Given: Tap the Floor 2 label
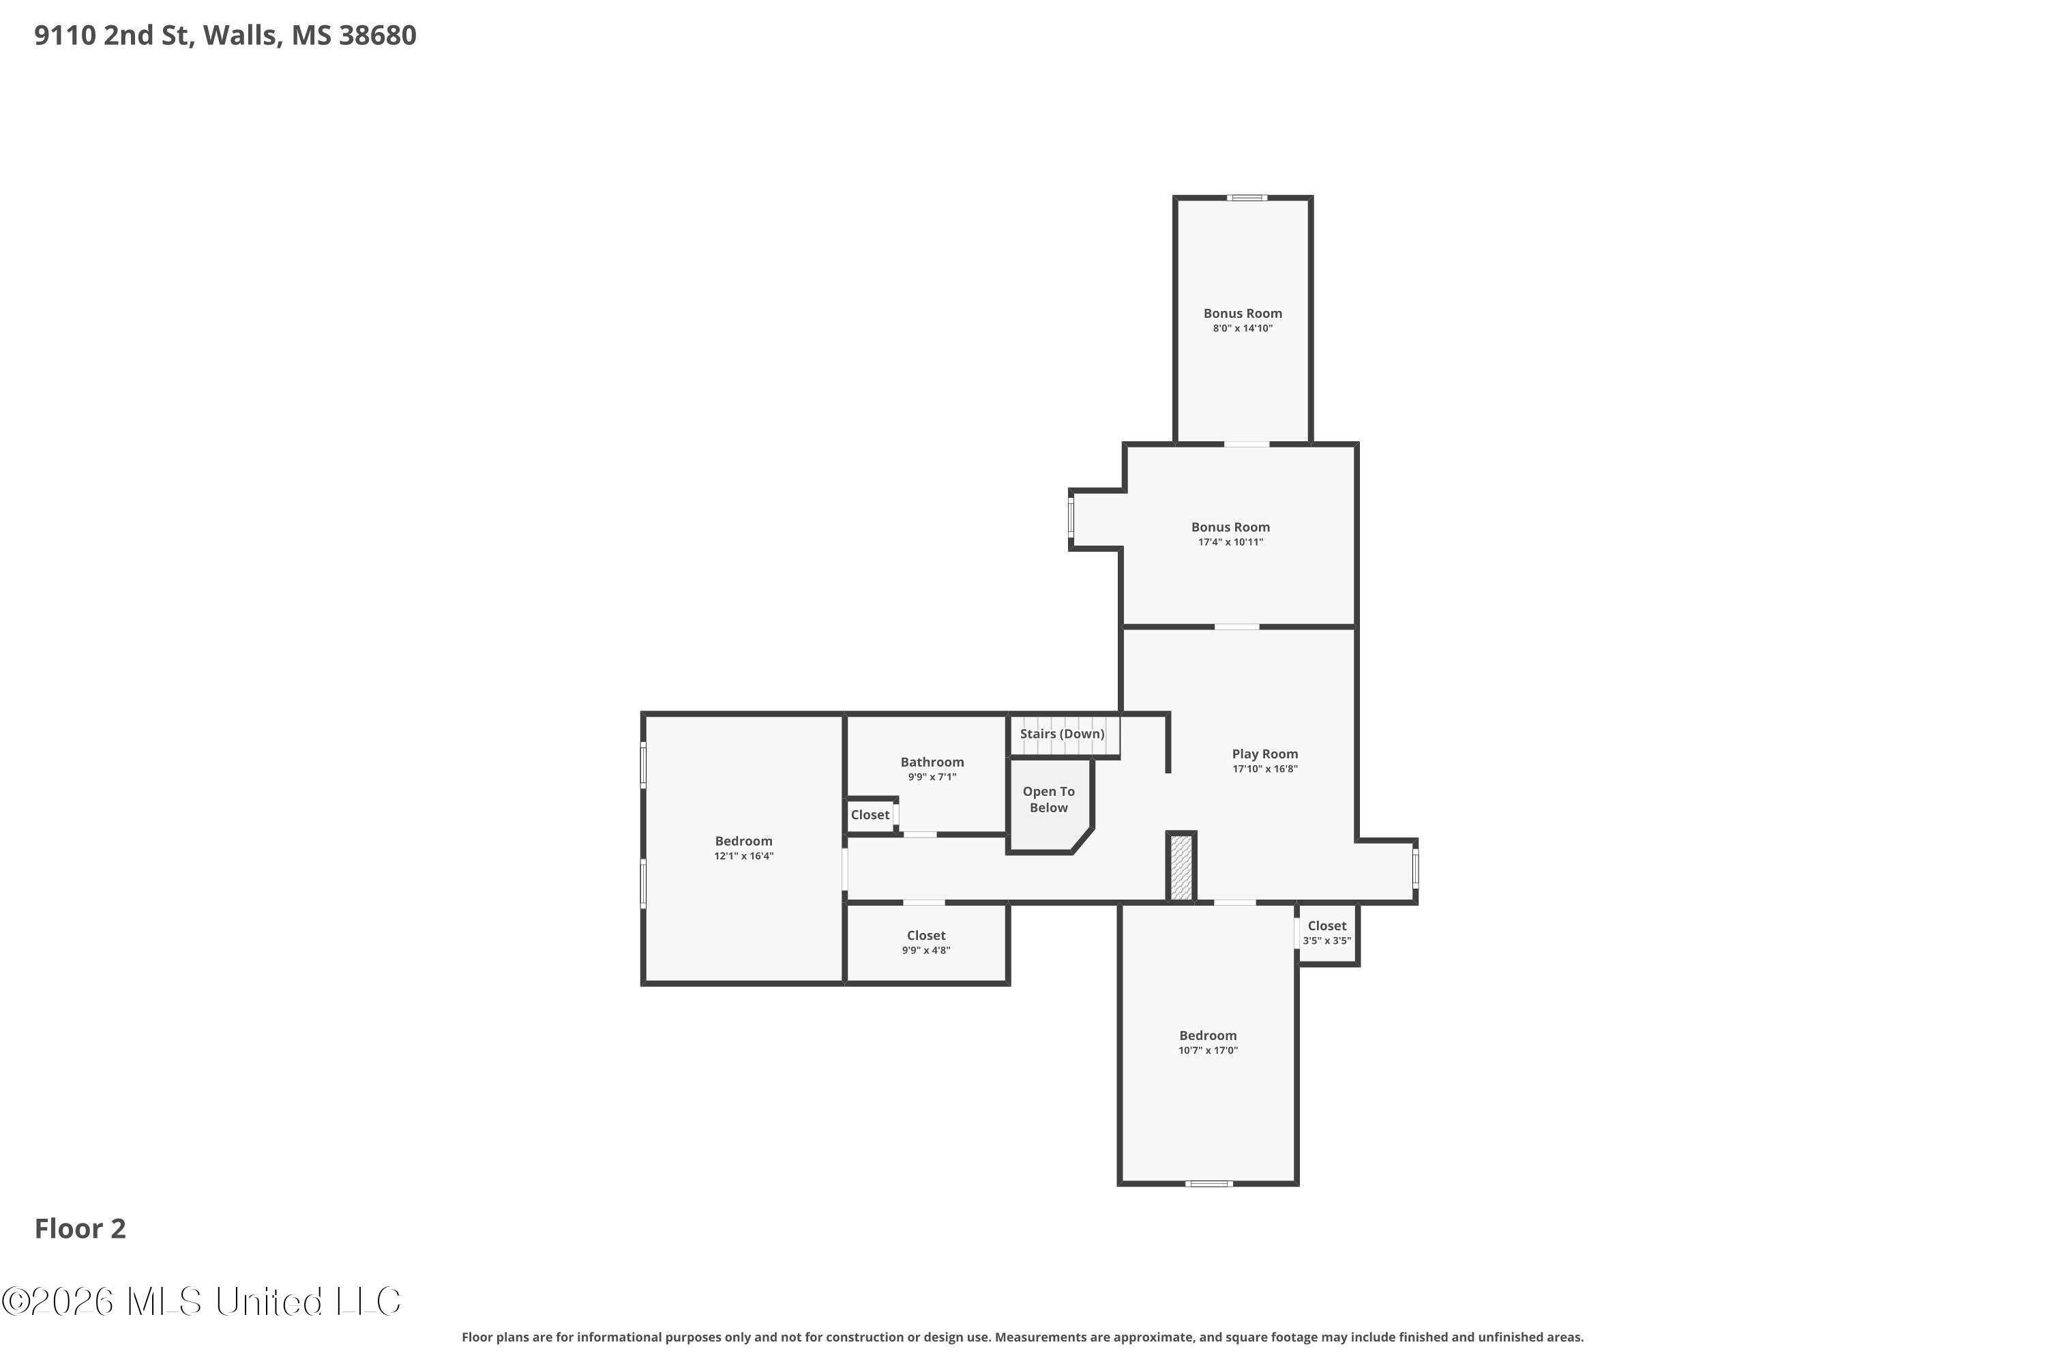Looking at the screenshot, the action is [80, 1228].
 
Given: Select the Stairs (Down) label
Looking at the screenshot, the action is [1062, 735].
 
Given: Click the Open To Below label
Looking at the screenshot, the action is [1048, 799].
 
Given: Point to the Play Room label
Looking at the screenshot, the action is [1265, 754].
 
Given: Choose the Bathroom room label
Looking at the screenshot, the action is [932, 762].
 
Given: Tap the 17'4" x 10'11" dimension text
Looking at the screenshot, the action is [1230, 542].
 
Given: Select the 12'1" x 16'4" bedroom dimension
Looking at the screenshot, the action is [744, 856].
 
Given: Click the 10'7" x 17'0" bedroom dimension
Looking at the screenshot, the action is [1207, 1050].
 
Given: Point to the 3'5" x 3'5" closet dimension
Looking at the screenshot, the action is [1326, 940].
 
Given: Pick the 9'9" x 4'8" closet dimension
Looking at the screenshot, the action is [925, 950].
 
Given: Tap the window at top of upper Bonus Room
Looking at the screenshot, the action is [1247, 198].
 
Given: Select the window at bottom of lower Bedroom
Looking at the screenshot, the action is [1209, 1183].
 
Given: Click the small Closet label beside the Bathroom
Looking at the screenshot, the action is [870, 815].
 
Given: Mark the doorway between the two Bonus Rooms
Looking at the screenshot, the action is [1247, 445].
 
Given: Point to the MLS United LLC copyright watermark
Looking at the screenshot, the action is [201, 1301].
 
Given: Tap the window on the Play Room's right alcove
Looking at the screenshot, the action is [1415, 868].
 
